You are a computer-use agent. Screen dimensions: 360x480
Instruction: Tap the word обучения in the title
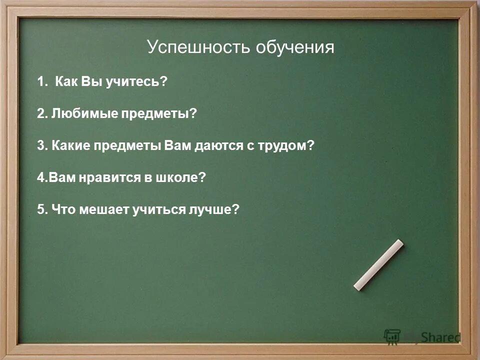pyautogui.click(x=295, y=48)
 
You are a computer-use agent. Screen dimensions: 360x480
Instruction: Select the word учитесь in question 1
pyautogui.click(x=135, y=81)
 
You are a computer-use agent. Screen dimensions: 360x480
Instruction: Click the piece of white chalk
pyautogui.click(x=378, y=264)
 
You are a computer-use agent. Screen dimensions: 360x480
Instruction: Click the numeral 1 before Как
pyautogui.click(x=39, y=81)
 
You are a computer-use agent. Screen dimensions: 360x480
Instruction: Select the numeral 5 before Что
pyautogui.click(x=40, y=209)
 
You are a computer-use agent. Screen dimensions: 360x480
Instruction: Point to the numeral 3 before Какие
pyautogui.click(x=40, y=145)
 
